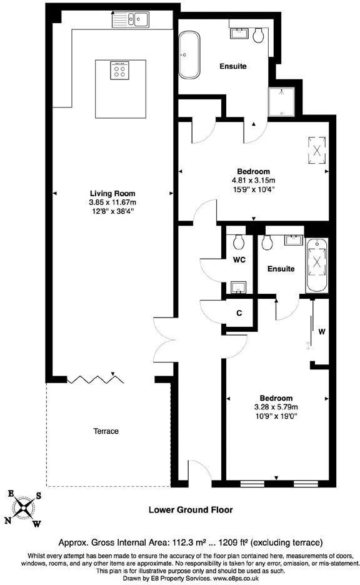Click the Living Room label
pyautogui.click(x=112, y=194)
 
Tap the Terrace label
pyautogui.click(x=106, y=431)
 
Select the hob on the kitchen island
pyautogui.click(x=120, y=70)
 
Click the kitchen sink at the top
pyautogui.click(x=131, y=19)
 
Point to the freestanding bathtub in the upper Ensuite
pyautogui.click(x=189, y=55)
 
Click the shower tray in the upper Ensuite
pyautogui.click(x=282, y=102)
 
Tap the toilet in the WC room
pyautogui.click(x=239, y=241)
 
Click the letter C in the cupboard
pyautogui.click(x=239, y=313)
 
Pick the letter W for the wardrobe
pyautogui.click(x=322, y=332)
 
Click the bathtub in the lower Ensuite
pyautogui.click(x=317, y=266)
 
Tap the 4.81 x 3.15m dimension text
pyautogui.click(x=254, y=181)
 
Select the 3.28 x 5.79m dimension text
pyautogui.click(x=276, y=407)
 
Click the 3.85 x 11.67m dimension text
pyautogui.click(x=112, y=202)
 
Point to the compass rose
pyautogui.click(x=24, y=508)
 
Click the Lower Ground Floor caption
pyautogui.click(x=191, y=509)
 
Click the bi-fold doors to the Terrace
pyautogui.click(x=96, y=379)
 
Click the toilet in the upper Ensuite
pyautogui.click(x=259, y=36)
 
